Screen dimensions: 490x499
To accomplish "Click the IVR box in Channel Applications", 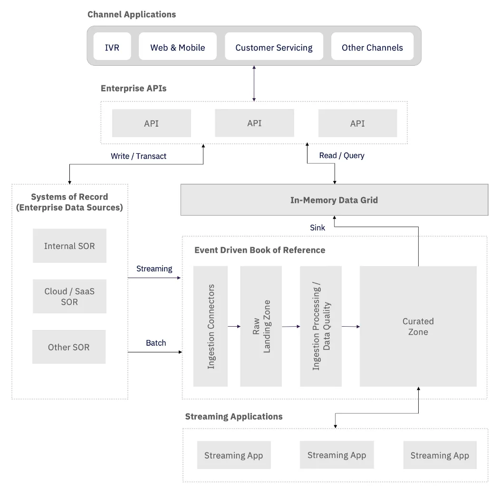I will (x=112, y=47).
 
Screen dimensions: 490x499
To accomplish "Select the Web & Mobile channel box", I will (x=177, y=47).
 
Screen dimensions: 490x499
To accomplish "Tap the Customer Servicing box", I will (x=274, y=47).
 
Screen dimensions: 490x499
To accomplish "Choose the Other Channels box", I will (x=372, y=47).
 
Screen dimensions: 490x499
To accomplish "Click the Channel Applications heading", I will (x=132, y=14).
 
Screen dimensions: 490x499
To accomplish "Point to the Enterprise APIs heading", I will (x=134, y=88).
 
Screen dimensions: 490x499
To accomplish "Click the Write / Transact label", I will (x=138, y=156).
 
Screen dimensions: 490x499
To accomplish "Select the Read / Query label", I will (x=342, y=155).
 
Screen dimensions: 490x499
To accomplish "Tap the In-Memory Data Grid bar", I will (x=334, y=200).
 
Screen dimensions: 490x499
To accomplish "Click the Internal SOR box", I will (x=69, y=246).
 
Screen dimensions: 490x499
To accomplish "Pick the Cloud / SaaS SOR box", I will (x=69, y=296).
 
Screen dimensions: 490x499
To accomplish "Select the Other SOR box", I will (x=69, y=347).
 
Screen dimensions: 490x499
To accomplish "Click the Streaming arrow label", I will (x=154, y=269).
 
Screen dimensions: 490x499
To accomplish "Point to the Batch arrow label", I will (x=156, y=343).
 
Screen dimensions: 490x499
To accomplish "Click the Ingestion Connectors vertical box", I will (x=211, y=326).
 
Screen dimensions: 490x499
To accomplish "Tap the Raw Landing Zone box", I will (x=261, y=326).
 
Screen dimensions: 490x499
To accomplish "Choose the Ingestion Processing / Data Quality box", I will (x=321, y=326).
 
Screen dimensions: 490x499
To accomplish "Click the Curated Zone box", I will (x=418, y=326).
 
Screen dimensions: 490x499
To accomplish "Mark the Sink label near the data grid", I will (x=317, y=228).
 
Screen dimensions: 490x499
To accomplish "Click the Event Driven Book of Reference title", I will (x=259, y=250).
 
